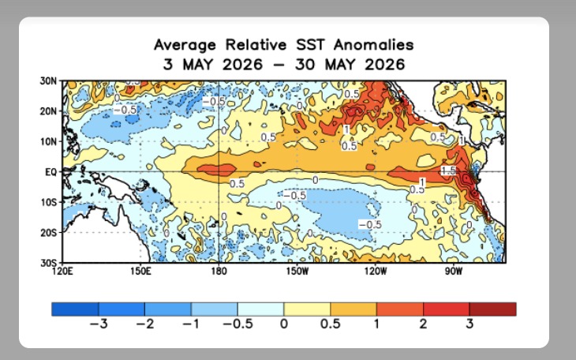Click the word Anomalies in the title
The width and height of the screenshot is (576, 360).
click(x=373, y=45)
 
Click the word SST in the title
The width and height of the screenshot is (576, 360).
click(x=310, y=45)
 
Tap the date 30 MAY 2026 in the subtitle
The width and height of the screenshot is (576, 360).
click(x=350, y=65)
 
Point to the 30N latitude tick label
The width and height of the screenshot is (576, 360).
click(x=48, y=81)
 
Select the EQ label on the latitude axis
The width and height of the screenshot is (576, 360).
click(x=51, y=172)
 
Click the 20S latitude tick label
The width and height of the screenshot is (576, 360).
click(x=48, y=232)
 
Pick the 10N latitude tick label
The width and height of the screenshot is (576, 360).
click(x=48, y=141)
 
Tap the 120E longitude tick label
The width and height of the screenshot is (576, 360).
click(x=62, y=272)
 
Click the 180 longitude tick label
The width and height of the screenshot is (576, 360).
click(x=219, y=272)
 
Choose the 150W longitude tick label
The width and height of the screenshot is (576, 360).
click(x=298, y=272)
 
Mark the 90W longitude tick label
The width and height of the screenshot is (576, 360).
click(x=454, y=272)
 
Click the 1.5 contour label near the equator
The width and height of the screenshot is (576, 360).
click(x=448, y=171)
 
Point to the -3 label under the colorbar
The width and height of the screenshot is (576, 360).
click(x=99, y=324)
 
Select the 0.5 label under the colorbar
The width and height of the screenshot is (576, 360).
click(x=331, y=324)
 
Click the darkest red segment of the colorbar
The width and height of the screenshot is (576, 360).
click(x=492, y=309)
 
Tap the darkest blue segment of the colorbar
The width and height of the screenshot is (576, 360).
click(x=75, y=309)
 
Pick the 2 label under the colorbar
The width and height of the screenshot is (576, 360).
click(x=423, y=324)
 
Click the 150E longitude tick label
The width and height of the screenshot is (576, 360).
click(x=140, y=272)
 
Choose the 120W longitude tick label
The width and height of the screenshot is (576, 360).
click(x=376, y=272)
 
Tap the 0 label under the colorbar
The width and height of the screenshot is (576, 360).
click(x=283, y=324)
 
